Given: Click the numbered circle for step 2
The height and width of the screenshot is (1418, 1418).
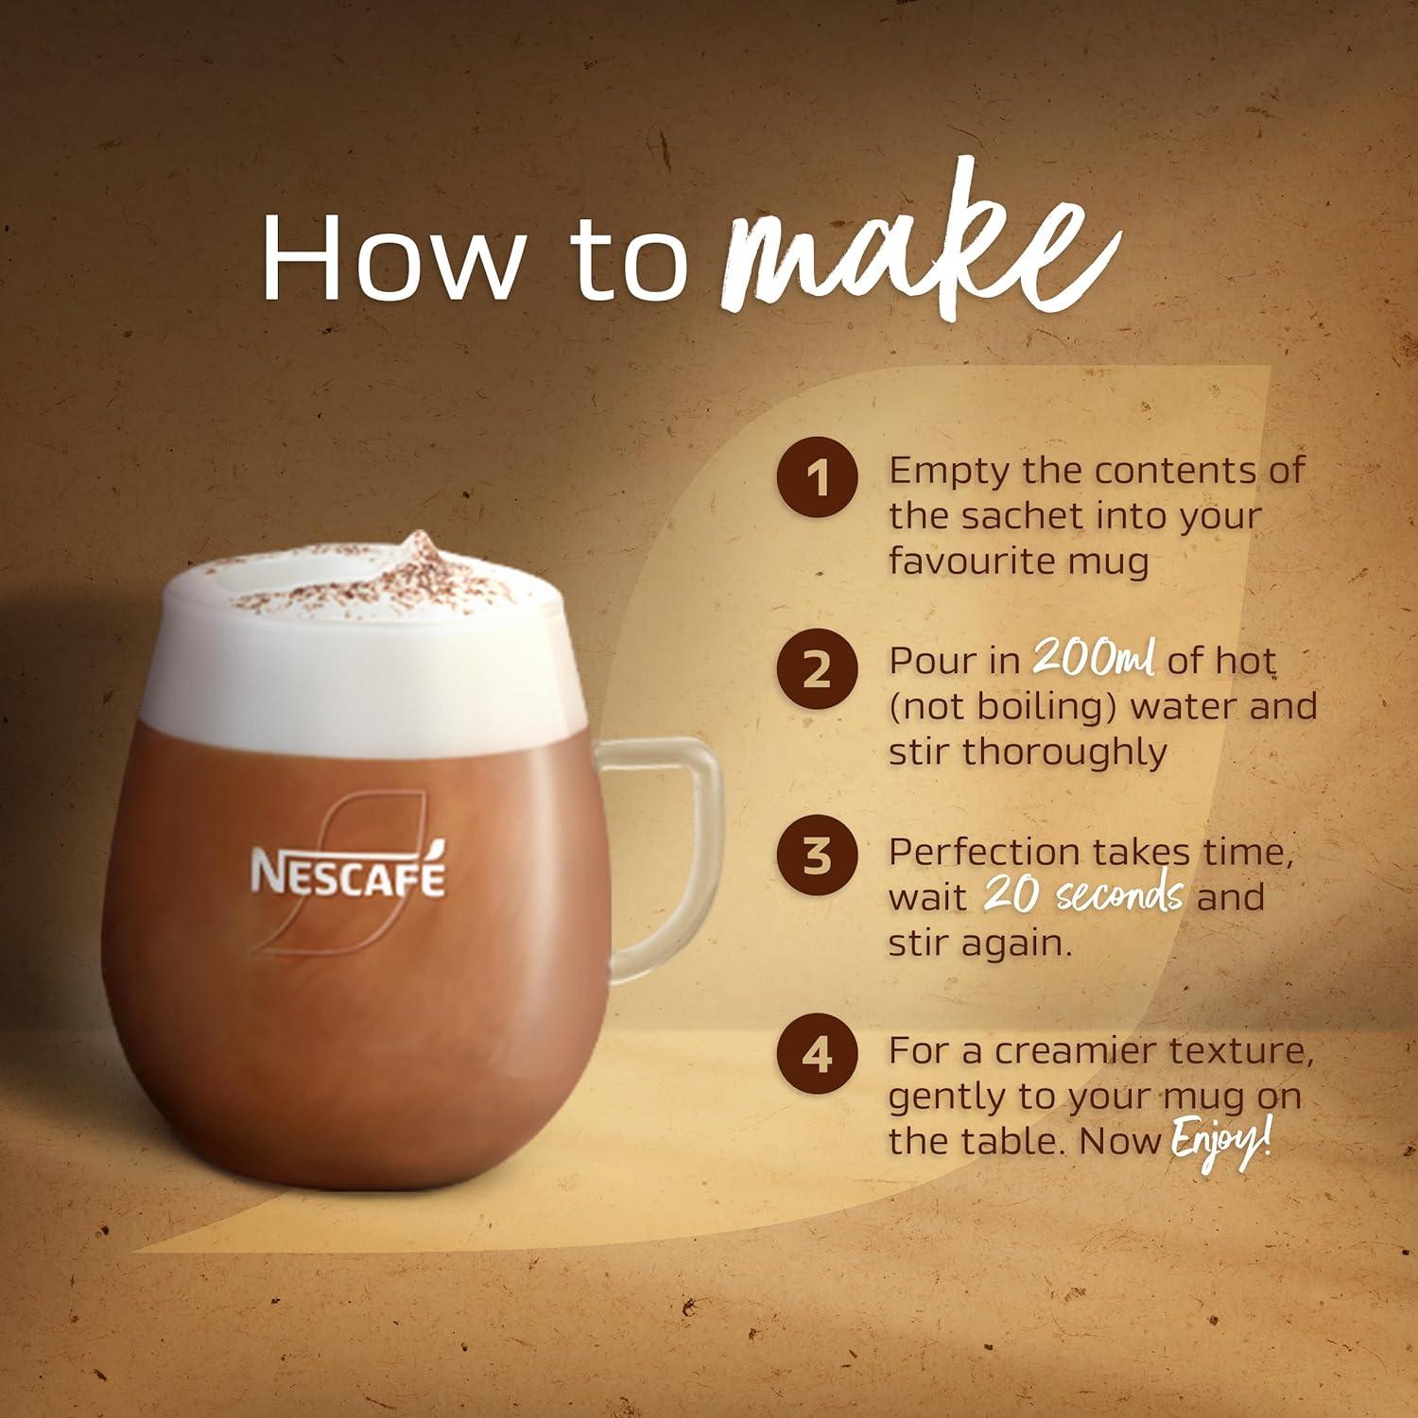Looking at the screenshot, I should tap(818, 669).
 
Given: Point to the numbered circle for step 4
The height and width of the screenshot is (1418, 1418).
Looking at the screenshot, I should tap(818, 1052).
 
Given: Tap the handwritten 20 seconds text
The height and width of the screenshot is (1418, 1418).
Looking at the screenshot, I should tap(1083, 896).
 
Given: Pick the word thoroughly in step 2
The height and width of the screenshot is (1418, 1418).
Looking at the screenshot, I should tap(1074, 752).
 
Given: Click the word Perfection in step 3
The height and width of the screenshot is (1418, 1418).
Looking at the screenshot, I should tap(985, 853).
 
